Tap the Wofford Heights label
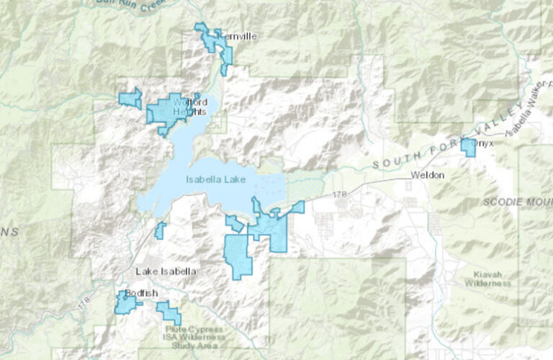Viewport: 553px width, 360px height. (190, 107)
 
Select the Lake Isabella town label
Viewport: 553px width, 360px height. (166, 271)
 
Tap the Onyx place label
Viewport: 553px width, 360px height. (484, 143)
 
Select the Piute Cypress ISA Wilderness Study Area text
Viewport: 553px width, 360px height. (190, 336)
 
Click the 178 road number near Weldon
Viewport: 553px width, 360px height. (341, 195)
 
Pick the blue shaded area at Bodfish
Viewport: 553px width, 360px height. (125, 303)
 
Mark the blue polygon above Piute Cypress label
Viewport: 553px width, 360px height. (169, 312)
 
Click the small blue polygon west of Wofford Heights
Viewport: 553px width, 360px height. (131, 98)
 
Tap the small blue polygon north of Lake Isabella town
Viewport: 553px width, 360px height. (160, 230)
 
